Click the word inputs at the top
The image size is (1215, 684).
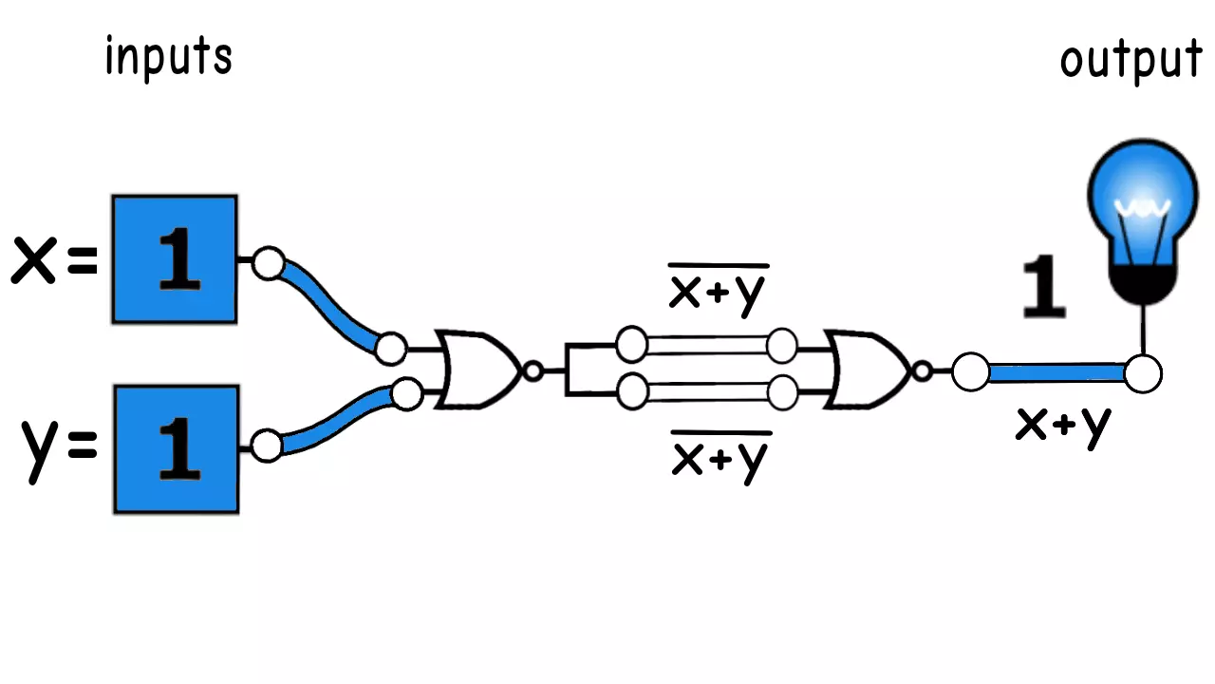coord(168,58)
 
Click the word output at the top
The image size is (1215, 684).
coord(1131,61)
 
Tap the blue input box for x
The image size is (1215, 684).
coord(175,259)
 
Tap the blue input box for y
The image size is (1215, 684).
coord(176,448)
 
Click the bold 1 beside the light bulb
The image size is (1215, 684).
coord(1043,289)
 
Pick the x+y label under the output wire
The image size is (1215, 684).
coord(1062,425)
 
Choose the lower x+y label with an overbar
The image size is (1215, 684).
coord(720,458)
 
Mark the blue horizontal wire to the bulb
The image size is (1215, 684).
coord(1056,372)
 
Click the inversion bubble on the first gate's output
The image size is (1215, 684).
coord(533,371)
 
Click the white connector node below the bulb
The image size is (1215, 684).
coord(1143,373)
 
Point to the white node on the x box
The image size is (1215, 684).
coord(269,263)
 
